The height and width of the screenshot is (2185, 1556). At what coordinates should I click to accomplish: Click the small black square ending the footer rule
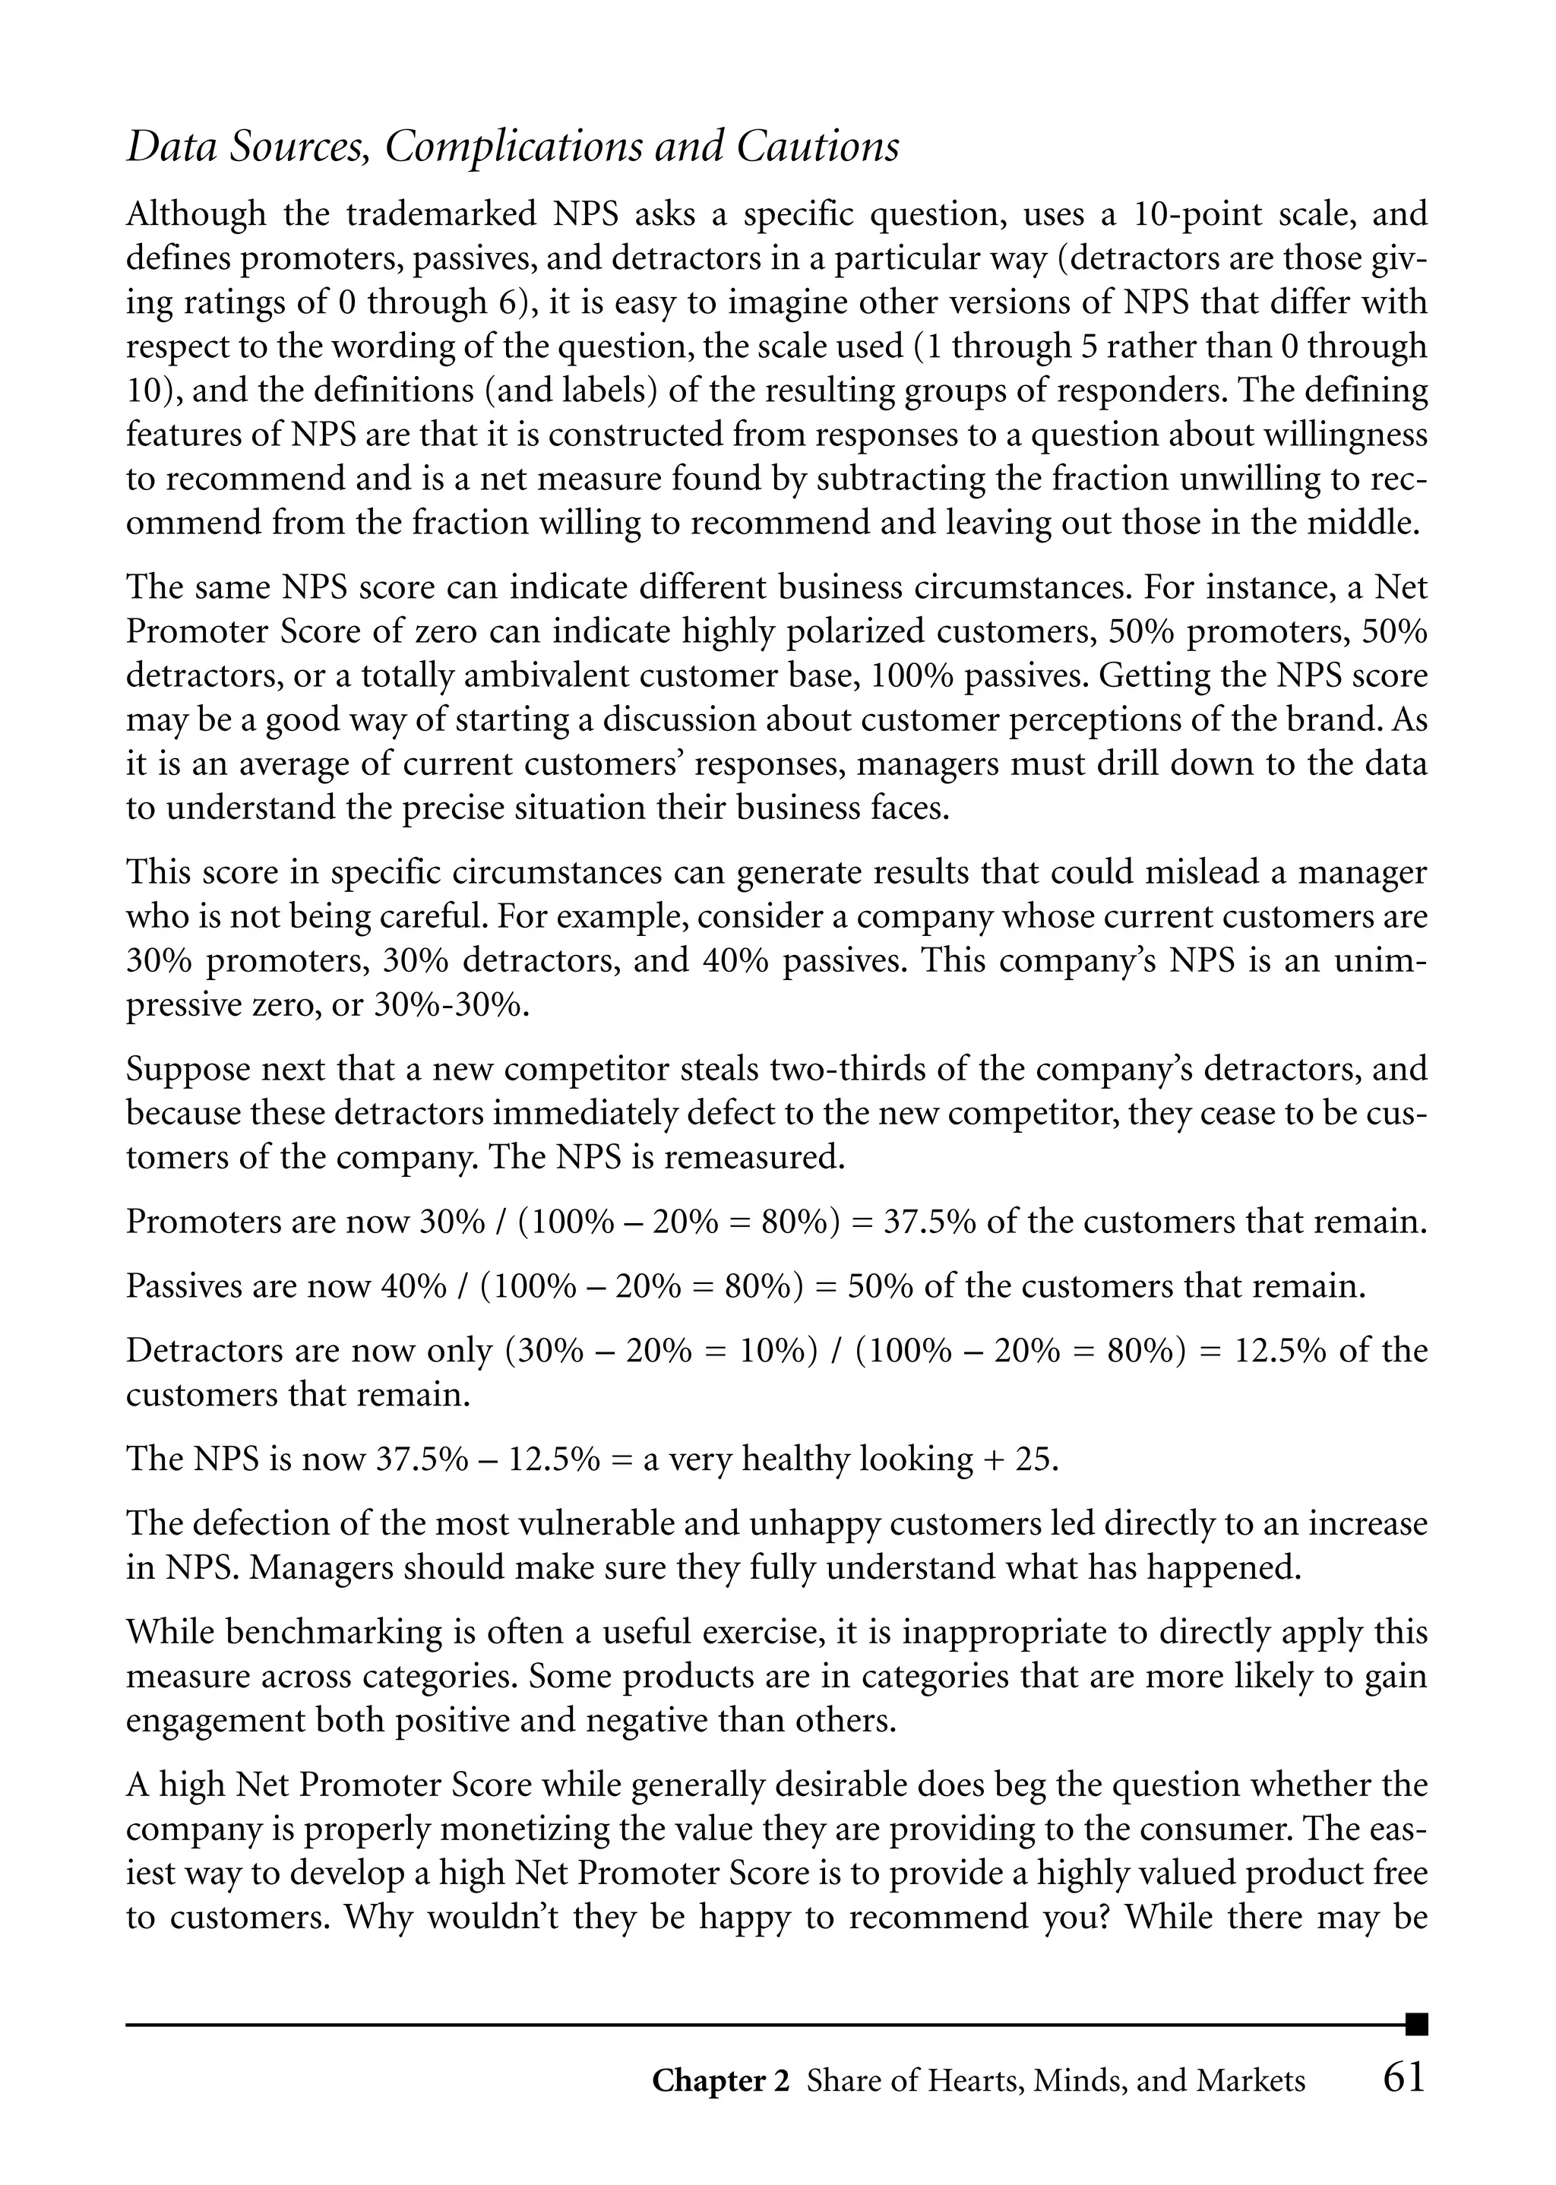click(x=1416, y=2025)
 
